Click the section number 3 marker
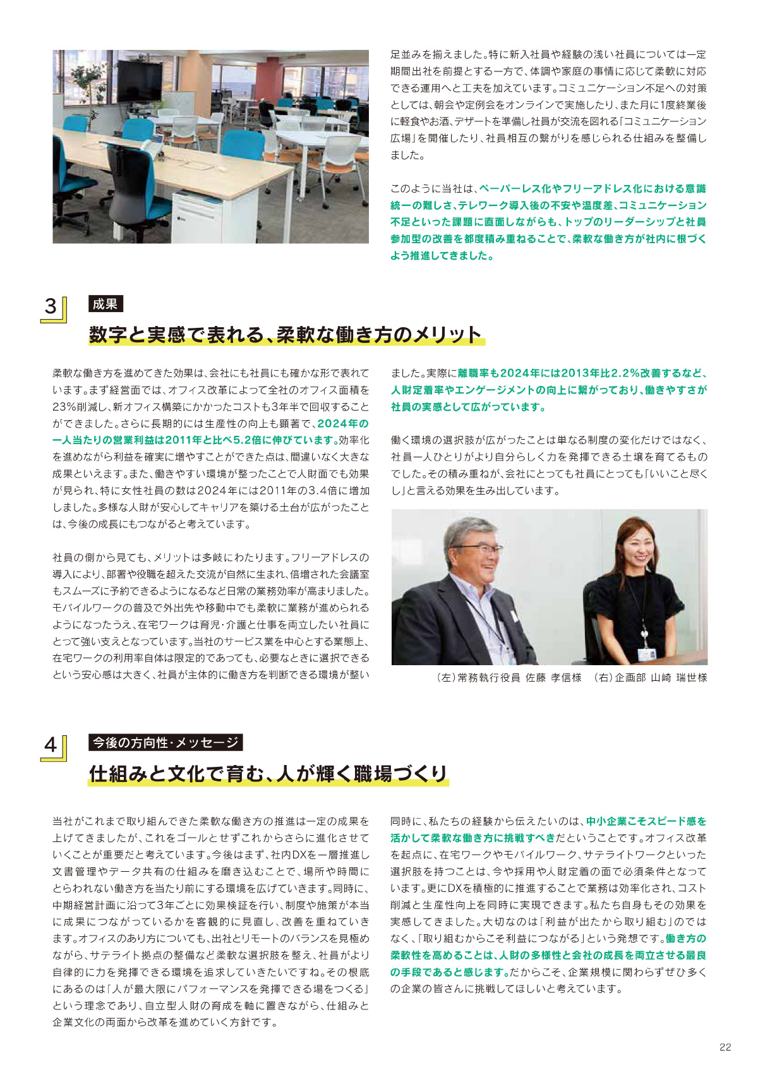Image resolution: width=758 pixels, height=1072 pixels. click(x=51, y=307)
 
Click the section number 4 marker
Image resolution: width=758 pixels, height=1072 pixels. click(x=51, y=745)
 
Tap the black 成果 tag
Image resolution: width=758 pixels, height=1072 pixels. click(x=105, y=304)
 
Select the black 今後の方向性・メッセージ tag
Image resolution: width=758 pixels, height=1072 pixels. click(x=165, y=742)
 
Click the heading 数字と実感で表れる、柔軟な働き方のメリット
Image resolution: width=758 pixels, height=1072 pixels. click(x=286, y=334)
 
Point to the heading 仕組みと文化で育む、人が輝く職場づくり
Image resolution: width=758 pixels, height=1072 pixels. click(x=268, y=773)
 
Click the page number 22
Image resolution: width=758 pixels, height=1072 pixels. click(x=725, y=1047)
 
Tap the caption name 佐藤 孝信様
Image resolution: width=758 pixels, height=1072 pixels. click(x=553, y=678)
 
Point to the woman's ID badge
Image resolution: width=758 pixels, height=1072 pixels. click(x=644, y=653)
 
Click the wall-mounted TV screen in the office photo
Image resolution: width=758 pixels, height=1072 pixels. click(x=140, y=81)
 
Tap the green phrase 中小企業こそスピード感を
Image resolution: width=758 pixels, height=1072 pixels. click(x=646, y=821)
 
